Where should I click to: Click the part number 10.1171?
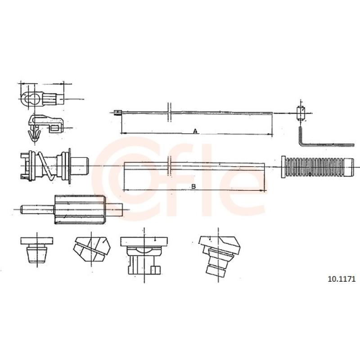click(342, 279)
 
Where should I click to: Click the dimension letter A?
click(195, 131)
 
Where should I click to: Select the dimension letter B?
click(193, 186)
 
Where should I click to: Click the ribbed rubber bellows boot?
click(317, 167)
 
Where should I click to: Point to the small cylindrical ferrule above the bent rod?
click(301, 113)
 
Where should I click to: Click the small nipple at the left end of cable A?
click(118, 112)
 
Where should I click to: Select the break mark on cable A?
click(169, 112)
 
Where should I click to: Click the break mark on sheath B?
click(170, 166)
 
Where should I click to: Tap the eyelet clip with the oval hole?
click(41, 99)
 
